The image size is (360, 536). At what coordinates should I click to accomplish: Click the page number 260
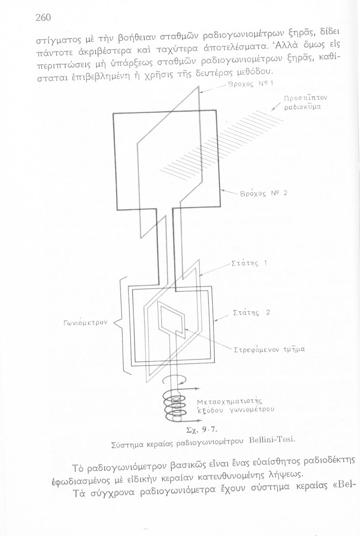pos(43,18)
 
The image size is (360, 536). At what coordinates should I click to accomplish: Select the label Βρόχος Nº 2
pos(264,194)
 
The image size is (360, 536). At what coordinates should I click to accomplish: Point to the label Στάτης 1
pos(249,264)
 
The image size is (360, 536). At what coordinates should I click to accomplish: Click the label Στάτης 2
pos(251,312)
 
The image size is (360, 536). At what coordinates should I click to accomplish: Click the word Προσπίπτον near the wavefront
pos(306,98)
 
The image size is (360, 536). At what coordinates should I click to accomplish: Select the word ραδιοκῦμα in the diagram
pos(302,106)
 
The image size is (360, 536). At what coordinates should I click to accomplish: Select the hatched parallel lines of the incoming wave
pos(222,143)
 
